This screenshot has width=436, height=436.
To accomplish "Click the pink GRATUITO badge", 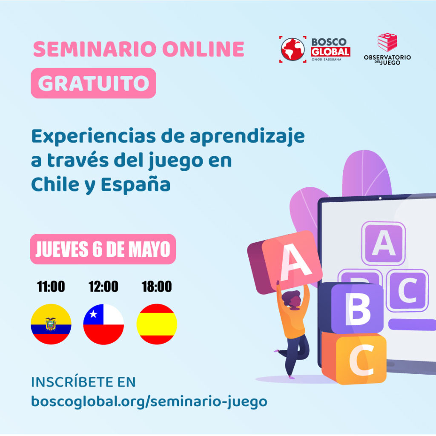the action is pos(93,83).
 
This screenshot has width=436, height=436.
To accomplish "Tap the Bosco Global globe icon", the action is pos(293,49).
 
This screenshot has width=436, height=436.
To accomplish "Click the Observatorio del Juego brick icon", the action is pos(387,42).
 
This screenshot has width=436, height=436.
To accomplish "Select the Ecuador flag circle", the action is pos(51,324).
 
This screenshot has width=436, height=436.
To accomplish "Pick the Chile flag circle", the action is pos(103,324).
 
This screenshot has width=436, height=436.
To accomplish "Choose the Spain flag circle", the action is pos(157,324).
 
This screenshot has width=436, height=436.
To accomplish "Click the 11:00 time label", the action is pos(51,287).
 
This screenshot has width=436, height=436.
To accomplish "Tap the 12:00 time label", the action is pos(103,287).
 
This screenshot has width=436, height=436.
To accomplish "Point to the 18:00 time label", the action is pos(157,287).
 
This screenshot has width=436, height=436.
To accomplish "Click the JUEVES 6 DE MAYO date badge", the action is pos(103,249).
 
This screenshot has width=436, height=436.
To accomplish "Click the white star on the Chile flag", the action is pos(93,314).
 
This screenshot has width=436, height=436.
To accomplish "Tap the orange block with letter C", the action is pos(354,358).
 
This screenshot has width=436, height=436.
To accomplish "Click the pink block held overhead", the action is pos(285,262).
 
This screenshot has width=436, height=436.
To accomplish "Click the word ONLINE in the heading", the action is pos(203,49).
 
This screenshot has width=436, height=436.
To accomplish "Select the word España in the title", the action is pos(135,185).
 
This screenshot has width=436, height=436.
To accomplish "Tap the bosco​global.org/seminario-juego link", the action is pos(149,402).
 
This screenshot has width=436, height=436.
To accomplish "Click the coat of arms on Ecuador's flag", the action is pos(51,324).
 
